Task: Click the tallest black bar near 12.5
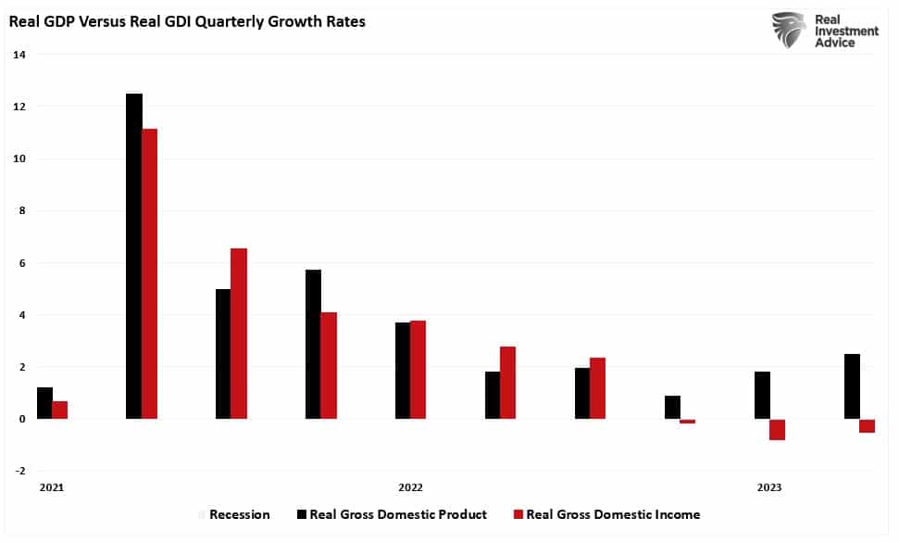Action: coord(134,257)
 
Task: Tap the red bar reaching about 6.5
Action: coord(239,334)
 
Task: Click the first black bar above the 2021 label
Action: coord(44,403)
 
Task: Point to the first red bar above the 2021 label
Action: coord(60,410)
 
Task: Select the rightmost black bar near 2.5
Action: coord(852,386)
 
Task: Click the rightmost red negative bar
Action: coord(868,426)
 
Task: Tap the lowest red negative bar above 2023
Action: coord(778,430)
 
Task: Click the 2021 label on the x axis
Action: coord(52,487)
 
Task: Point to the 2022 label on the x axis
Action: coord(410,487)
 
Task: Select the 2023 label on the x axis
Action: coord(768,487)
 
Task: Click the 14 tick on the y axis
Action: coord(19,56)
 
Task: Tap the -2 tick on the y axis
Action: coord(19,472)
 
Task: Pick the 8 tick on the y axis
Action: coord(20,211)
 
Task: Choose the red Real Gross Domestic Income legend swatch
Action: coord(518,515)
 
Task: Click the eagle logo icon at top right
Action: coord(789,30)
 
